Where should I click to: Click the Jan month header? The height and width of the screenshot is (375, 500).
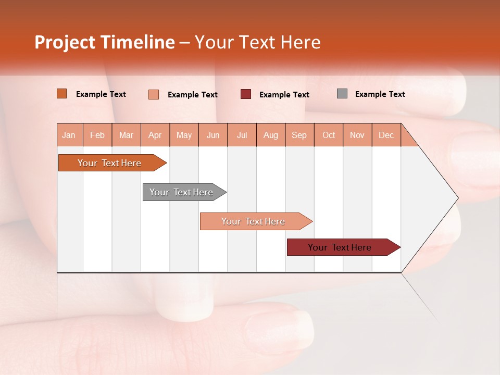tap(69, 135)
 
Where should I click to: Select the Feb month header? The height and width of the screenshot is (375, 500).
tap(97, 135)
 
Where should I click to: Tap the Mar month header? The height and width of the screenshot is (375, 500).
tap(126, 135)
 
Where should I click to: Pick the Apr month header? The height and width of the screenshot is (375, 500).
tap(155, 135)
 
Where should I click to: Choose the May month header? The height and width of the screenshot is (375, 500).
tap(184, 135)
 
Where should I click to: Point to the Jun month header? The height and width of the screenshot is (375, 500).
tap(213, 135)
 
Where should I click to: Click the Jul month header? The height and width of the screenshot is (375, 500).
tap(242, 135)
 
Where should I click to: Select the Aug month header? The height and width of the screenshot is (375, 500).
tap(271, 135)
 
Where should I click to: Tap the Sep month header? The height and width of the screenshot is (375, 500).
tap(299, 135)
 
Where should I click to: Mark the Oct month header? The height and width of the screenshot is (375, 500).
tap(329, 135)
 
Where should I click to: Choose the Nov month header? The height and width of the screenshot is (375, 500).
tap(357, 135)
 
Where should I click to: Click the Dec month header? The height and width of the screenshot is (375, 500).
tap(386, 135)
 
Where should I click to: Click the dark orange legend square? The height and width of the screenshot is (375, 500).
tap(62, 94)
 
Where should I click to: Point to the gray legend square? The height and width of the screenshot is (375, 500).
tap(342, 94)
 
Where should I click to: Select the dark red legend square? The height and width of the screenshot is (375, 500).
tap(246, 94)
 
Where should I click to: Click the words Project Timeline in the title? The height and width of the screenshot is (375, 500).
tap(105, 42)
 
